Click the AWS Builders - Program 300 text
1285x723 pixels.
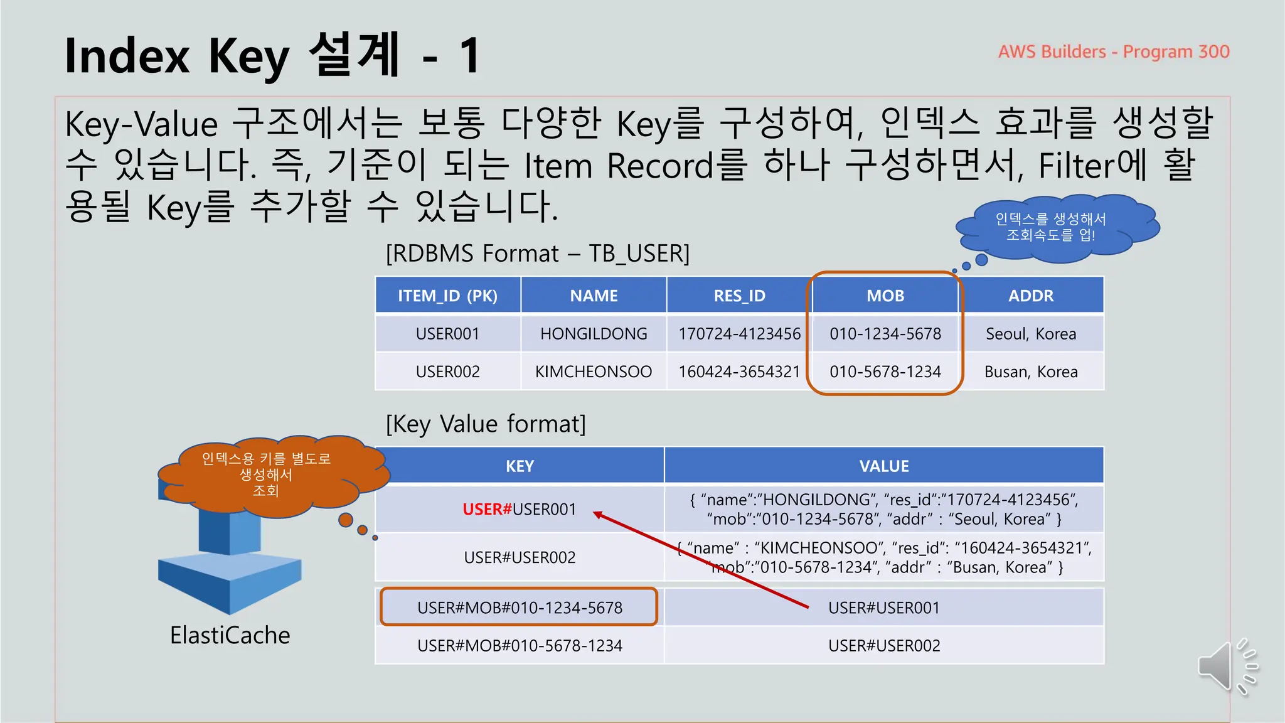[x=1113, y=51]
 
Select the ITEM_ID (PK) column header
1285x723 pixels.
[x=447, y=296]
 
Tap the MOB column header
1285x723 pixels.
[x=885, y=296]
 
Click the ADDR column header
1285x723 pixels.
[x=1030, y=296]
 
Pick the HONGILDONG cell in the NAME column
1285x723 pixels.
[x=594, y=334]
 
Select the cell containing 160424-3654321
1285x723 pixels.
[x=739, y=372]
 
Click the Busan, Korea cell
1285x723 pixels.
[x=1030, y=372]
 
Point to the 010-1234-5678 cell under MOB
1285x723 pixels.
[x=885, y=334]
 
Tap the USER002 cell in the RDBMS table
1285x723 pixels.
[x=447, y=372]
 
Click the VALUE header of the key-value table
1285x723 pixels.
[x=883, y=466]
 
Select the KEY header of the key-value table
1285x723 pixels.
[x=520, y=466]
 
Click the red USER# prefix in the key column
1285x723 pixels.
[x=487, y=509]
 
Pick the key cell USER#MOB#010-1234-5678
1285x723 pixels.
[x=520, y=608]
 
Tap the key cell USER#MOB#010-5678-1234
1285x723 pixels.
[x=520, y=646]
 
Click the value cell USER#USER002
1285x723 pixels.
[x=883, y=646]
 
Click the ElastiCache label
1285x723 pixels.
[x=230, y=635]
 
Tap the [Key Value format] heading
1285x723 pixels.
[x=485, y=424]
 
